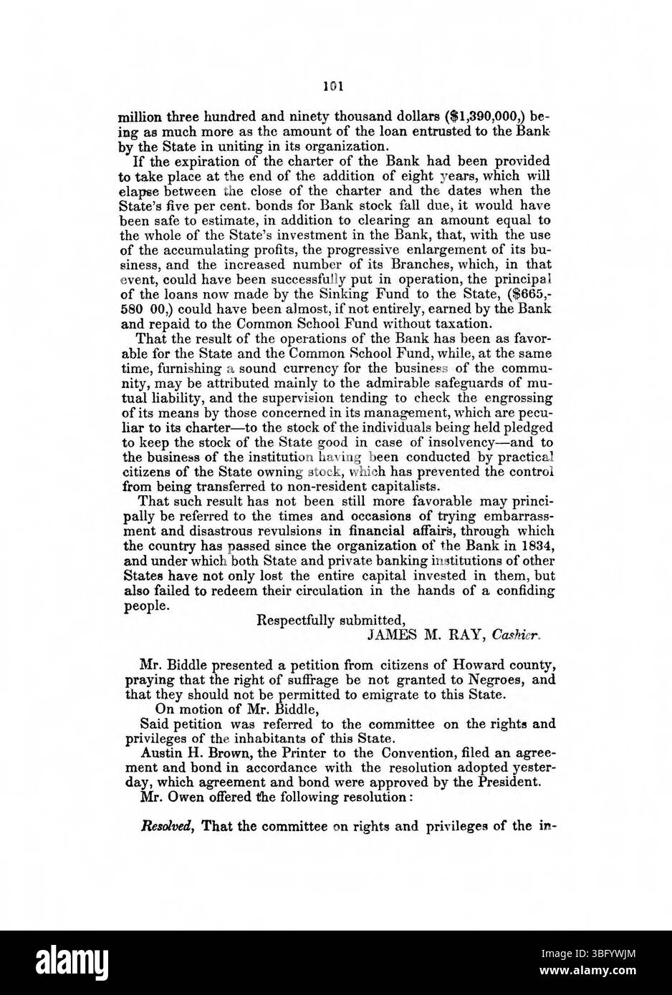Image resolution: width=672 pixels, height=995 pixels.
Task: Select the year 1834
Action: pyautogui.click(x=537, y=545)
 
